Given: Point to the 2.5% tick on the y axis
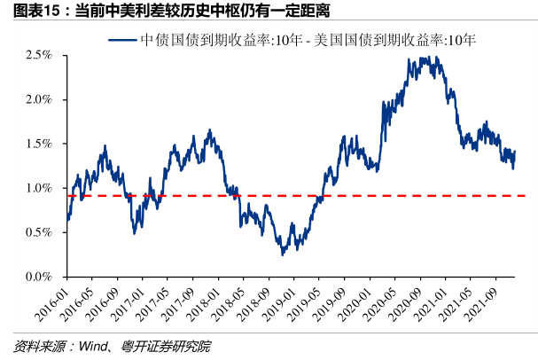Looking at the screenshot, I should point(39,55).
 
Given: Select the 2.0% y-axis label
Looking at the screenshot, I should point(39,99).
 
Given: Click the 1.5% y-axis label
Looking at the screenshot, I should point(39,144).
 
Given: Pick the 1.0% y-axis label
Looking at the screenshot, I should point(39,188).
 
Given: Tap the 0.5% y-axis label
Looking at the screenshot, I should point(39,232).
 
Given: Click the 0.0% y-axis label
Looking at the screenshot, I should point(39,277).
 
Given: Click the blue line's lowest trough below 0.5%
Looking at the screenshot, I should point(283,254).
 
